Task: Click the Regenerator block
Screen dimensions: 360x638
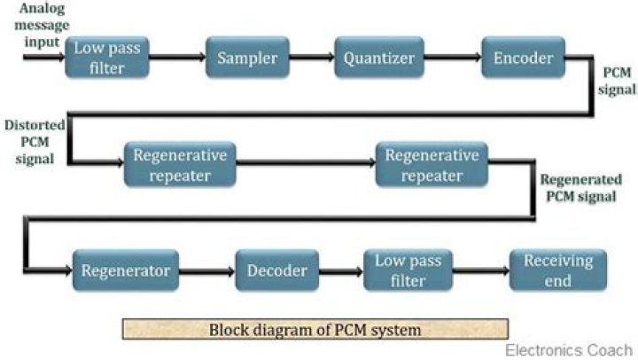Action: (125, 270)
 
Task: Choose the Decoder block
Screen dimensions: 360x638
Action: (277, 270)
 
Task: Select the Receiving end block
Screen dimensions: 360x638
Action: (558, 270)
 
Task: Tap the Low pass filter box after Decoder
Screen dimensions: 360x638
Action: (408, 270)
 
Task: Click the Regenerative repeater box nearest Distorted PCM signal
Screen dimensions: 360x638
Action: (180, 164)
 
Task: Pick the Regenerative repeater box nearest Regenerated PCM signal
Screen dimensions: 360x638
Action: (432, 164)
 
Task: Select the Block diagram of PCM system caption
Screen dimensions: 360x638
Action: (315, 330)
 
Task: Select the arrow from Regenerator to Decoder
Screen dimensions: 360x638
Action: (206, 271)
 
